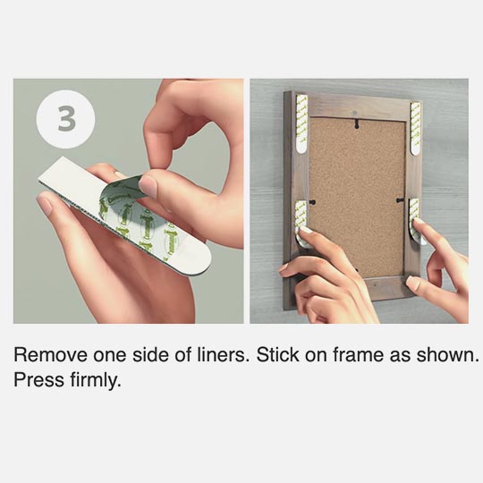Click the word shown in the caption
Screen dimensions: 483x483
click(x=449, y=354)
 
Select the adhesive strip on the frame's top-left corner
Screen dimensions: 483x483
click(x=301, y=120)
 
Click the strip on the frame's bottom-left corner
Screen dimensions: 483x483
click(x=302, y=219)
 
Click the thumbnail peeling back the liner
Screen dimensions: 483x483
click(x=148, y=186)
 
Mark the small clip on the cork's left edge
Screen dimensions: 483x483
click(x=309, y=191)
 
